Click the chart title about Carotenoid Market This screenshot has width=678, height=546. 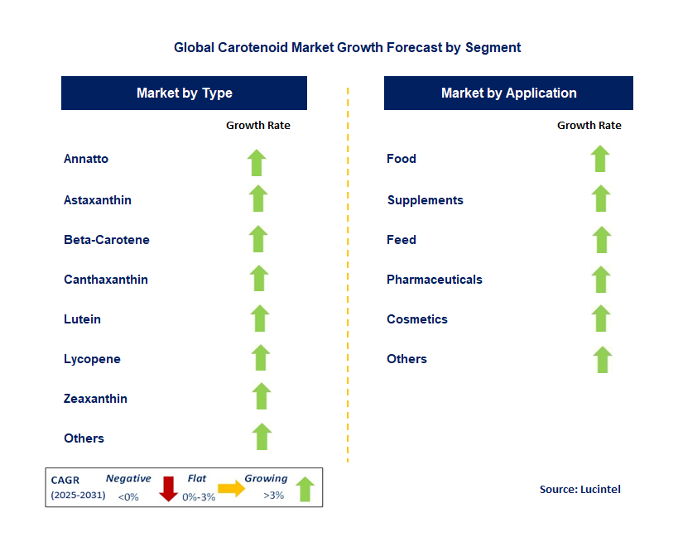[x=347, y=47]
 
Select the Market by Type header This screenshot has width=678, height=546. [x=184, y=93]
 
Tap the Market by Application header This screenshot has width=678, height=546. [x=508, y=93]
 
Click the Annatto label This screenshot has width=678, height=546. [x=86, y=159]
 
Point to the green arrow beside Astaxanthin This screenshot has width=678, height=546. [x=258, y=199]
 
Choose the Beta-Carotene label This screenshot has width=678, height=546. [x=107, y=240]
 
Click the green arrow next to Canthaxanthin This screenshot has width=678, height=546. [x=259, y=278]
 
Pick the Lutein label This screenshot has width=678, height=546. [x=82, y=319]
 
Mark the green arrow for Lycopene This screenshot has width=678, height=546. [x=261, y=357]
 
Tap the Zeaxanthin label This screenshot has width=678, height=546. [x=95, y=399]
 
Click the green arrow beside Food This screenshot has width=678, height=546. [x=600, y=158]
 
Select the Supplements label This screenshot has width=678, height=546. [x=425, y=200]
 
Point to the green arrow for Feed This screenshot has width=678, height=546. [x=602, y=239]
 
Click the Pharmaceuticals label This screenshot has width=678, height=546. [x=435, y=280]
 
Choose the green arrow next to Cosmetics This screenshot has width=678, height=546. [x=602, y=318]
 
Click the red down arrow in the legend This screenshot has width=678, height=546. [x=169, y=488]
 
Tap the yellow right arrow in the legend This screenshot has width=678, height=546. [x=232, y=489]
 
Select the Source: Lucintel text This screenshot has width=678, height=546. [x=579, y=489]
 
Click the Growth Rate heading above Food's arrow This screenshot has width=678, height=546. [x=589, y=126]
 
